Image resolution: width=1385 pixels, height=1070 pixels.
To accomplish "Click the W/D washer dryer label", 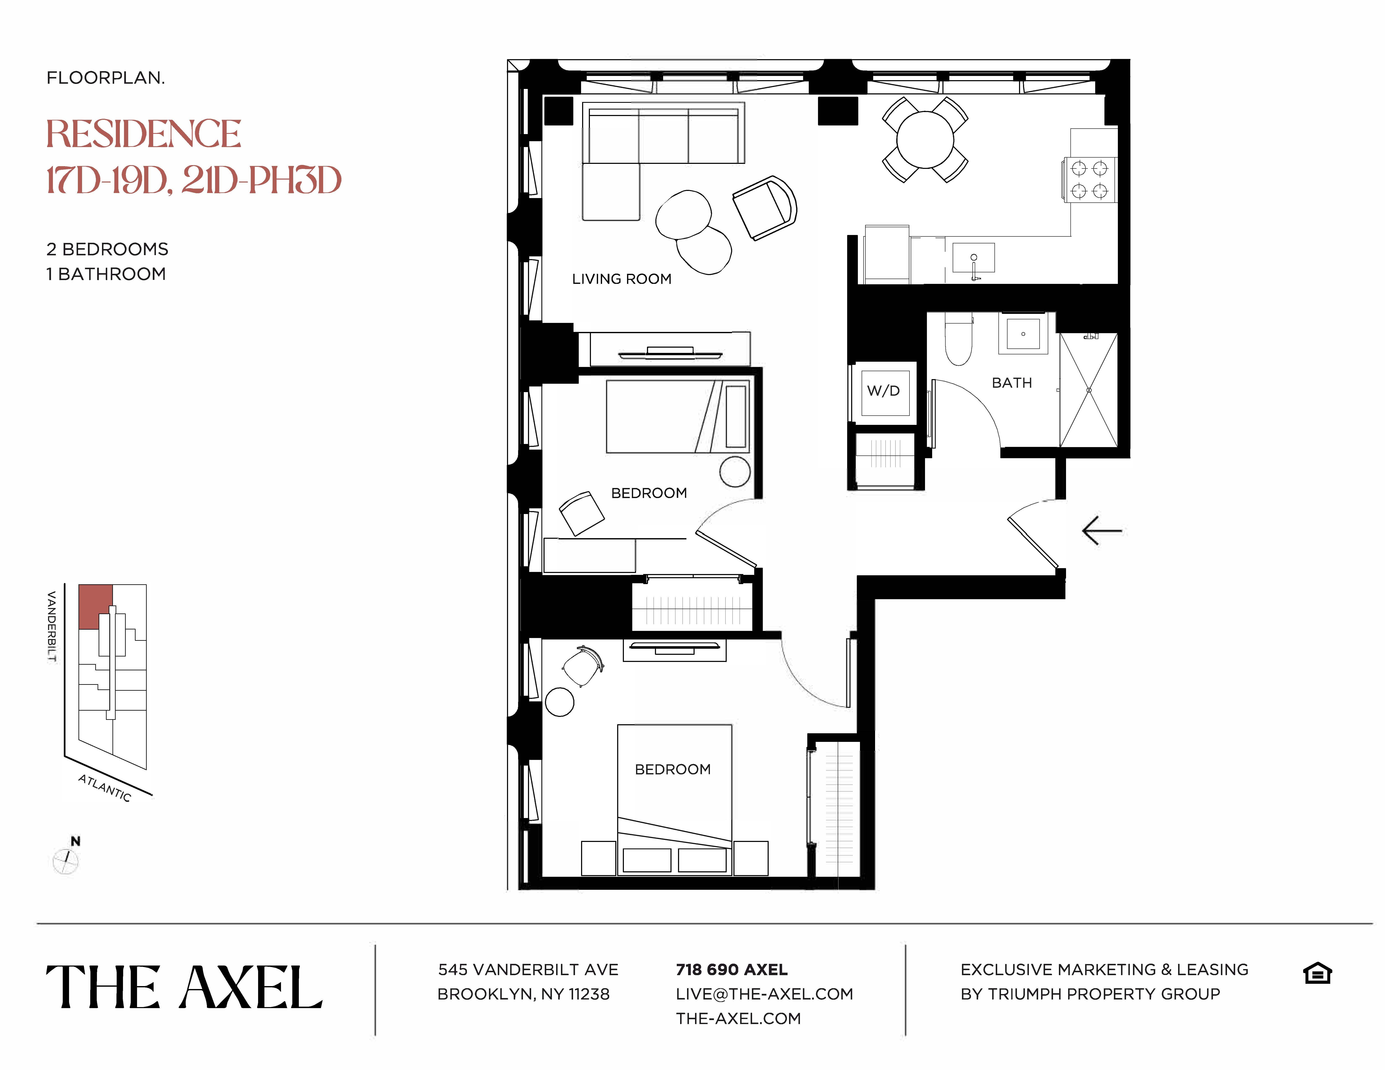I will pyautogui.click(x=883, y=390).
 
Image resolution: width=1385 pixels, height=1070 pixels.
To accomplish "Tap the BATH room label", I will pyautogui.click(x=1011, y=383).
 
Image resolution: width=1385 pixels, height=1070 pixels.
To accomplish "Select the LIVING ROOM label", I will pyautogui.click(x=622, y=279).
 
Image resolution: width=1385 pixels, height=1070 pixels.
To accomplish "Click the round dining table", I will pyautogui.click(x=925, y=140).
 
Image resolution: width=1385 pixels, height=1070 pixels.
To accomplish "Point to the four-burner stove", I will pyautogui.click(x=1090, y=179).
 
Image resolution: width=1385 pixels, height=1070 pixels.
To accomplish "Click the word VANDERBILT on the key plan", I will pyautogui.click(x=52, y=626).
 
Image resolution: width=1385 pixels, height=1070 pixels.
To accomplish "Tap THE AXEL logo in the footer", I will pyautogui.click(x=184, y=987).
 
